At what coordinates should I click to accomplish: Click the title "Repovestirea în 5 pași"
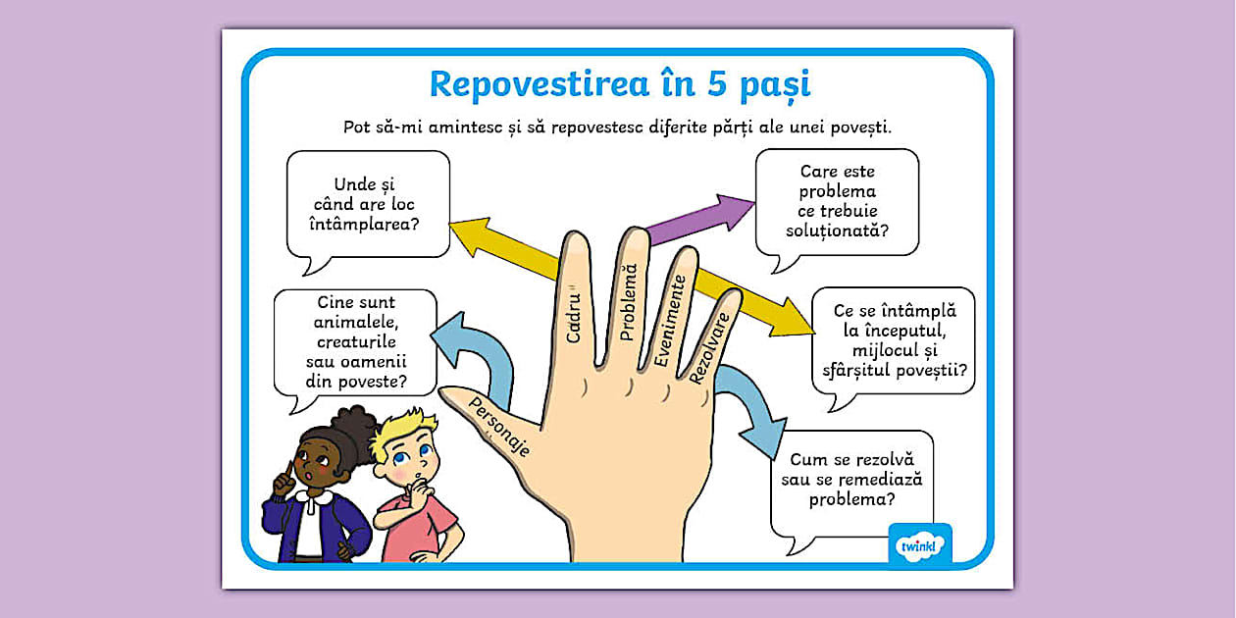pyautogui.click(x=620, y=84)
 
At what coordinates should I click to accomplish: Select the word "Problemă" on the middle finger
pyautogui.click(x=628, y=302)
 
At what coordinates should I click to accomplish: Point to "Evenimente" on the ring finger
pyautogui.click(x=667, y=321)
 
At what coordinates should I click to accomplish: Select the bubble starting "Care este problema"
pyautogui.click(x=837, y=201)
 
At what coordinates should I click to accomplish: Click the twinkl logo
pyautogui.click(x=920, y=545)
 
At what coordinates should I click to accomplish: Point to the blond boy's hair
pyautogui.click(x=405, y=433)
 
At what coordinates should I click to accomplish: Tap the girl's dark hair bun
pyautogui.click(x=355, y=424)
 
